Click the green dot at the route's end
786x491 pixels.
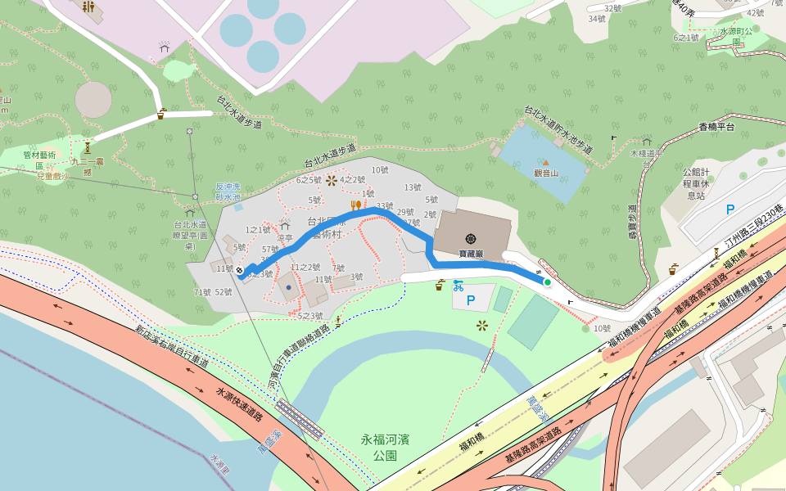click(547, 282)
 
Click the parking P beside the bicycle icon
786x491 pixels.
click(471, 300)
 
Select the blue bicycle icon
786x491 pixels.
click(458, 286)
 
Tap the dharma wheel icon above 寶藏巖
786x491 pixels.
click(471, 238)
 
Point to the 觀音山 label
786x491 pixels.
click(546, 173)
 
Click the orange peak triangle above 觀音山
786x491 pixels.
click(546, 162)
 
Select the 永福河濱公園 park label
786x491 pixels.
click(385, 447)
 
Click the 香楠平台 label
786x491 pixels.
click(716, 127)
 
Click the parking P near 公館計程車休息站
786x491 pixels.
click(730, 209)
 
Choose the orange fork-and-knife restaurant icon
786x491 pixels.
click(356, 205)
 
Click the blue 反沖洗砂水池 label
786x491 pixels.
click(228, 191)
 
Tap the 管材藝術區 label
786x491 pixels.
click(39, 160)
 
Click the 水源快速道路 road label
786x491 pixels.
click(239, 404)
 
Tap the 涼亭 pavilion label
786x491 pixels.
click(285, 238)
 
